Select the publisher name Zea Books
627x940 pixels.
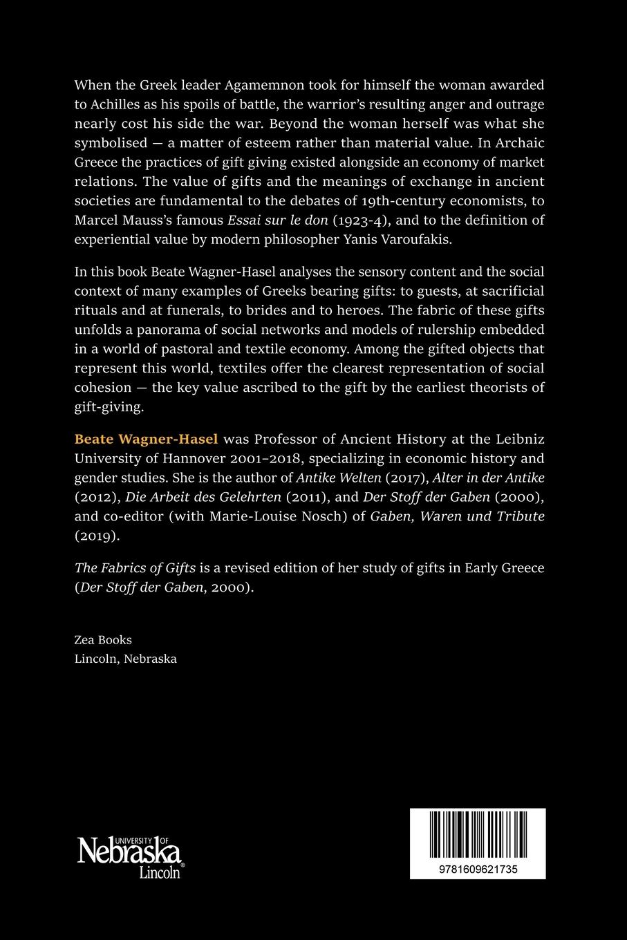coord(103,639)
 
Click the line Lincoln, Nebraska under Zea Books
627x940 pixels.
coord(125,659)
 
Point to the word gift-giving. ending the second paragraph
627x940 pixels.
coord(109,406)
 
